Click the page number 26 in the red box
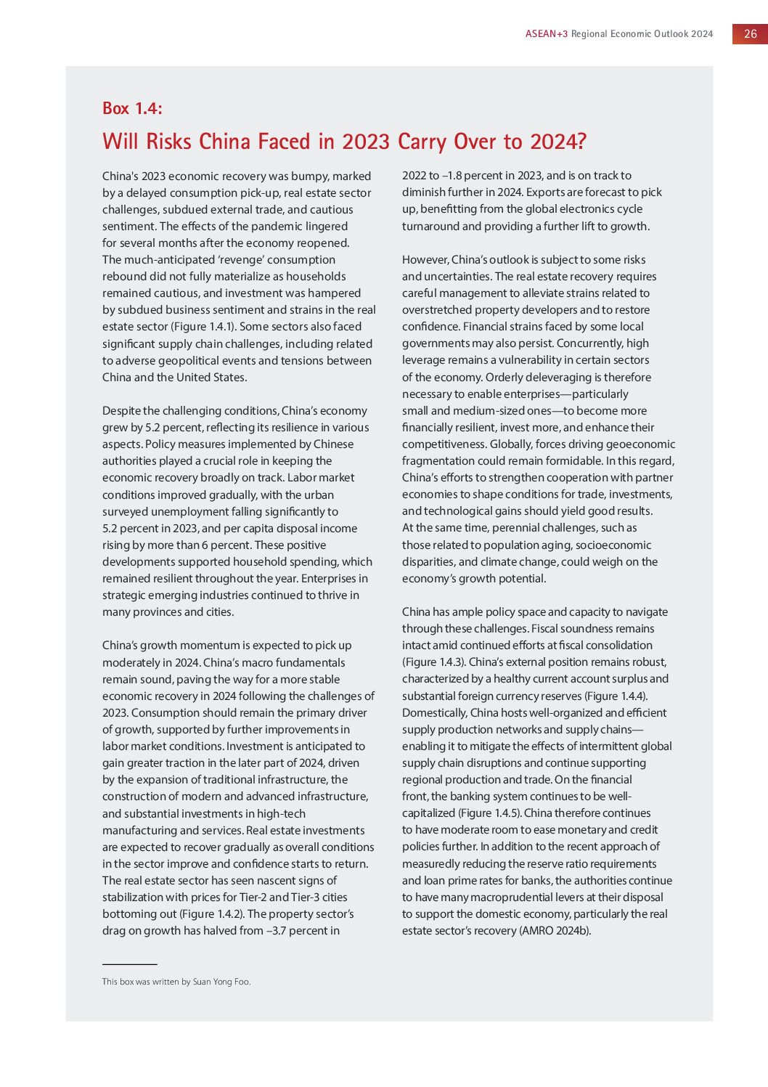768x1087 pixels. click(x=750, y=34)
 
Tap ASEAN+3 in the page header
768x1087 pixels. click(x=547, y=34)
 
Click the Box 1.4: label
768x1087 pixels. click(x=132, y=109)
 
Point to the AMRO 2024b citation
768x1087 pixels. click(x=555, y=931)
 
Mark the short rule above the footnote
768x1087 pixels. click(x=129, y=964)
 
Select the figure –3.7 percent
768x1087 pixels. click(x=301, y=931)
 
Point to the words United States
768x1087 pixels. click(x=211, y=378)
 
